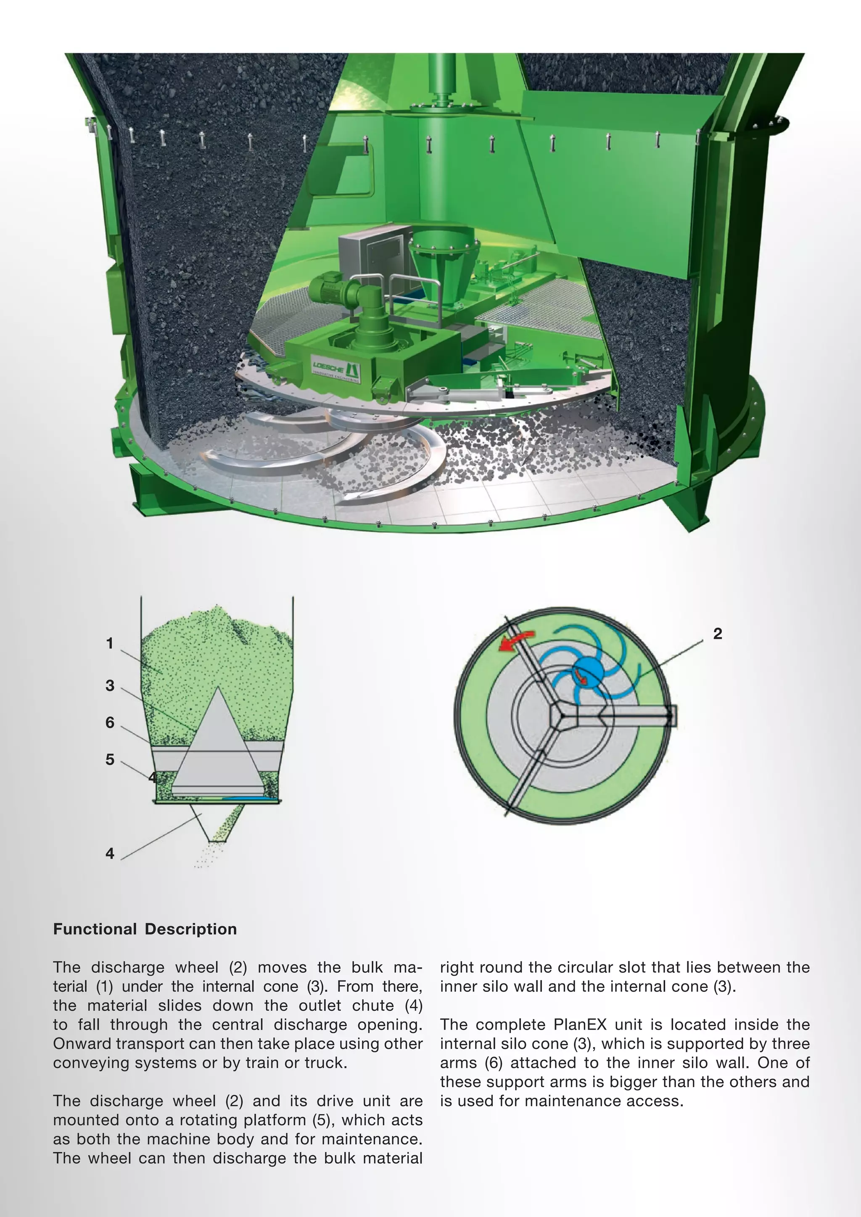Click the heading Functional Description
point(145,929)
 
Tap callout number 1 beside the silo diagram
point(110,643)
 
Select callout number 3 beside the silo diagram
point(110,685)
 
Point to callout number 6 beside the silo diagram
point(110,722)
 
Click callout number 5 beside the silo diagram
point(110,759)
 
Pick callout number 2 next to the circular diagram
point(717,634)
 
